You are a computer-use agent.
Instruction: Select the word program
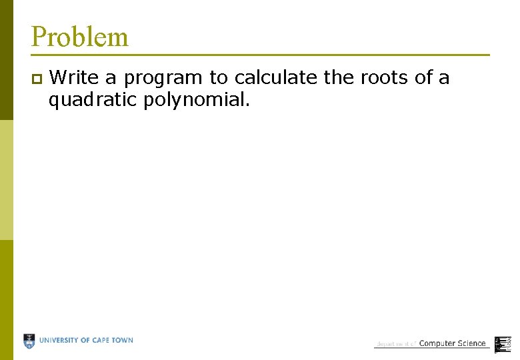point(163,79)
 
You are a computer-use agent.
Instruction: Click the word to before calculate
point(219,77)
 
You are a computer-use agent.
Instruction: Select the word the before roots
point(339,77)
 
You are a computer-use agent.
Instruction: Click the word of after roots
point(423,77)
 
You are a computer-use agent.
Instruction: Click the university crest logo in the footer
point(29,341)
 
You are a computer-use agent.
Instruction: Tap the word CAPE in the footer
point(104,340)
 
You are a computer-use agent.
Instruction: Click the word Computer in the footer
point(437,343)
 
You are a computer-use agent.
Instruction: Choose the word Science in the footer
point(471,343)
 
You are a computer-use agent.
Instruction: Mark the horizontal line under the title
point(260,55)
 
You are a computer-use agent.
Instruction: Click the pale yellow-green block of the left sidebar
point(6,180)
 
